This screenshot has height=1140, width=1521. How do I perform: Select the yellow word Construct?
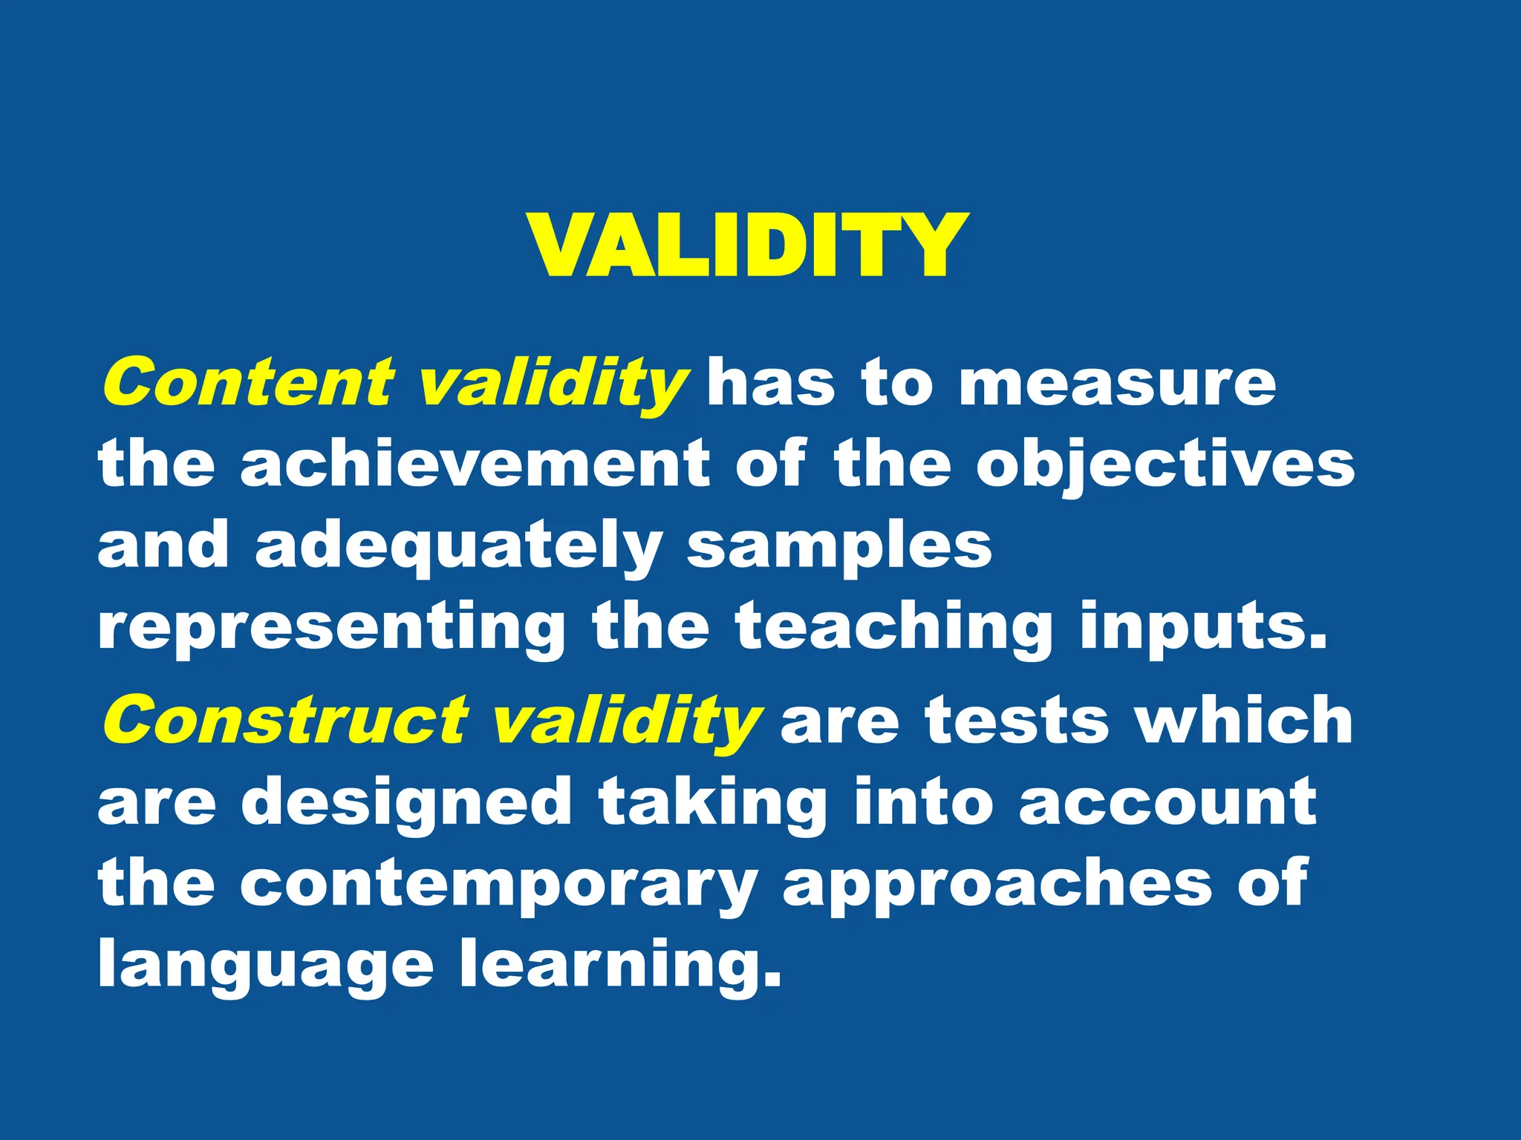tap(285, 721)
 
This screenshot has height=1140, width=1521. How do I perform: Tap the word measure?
tap(1117, 384)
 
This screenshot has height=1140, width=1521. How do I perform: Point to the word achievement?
tap(475, 464)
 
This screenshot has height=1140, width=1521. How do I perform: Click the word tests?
tap(1017, 721)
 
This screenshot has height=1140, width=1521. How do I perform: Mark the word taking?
tap(712, 804)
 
